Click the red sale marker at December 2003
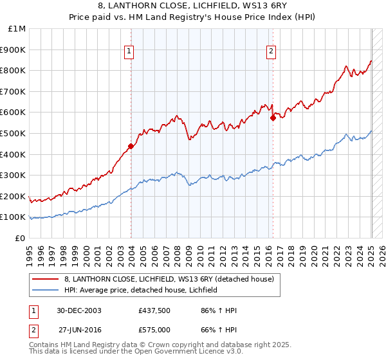[131, 146]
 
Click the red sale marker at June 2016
[273, 118]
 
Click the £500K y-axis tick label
[14, 134]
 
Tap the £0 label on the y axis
[21, 238]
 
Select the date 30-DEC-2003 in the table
[77, 310]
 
